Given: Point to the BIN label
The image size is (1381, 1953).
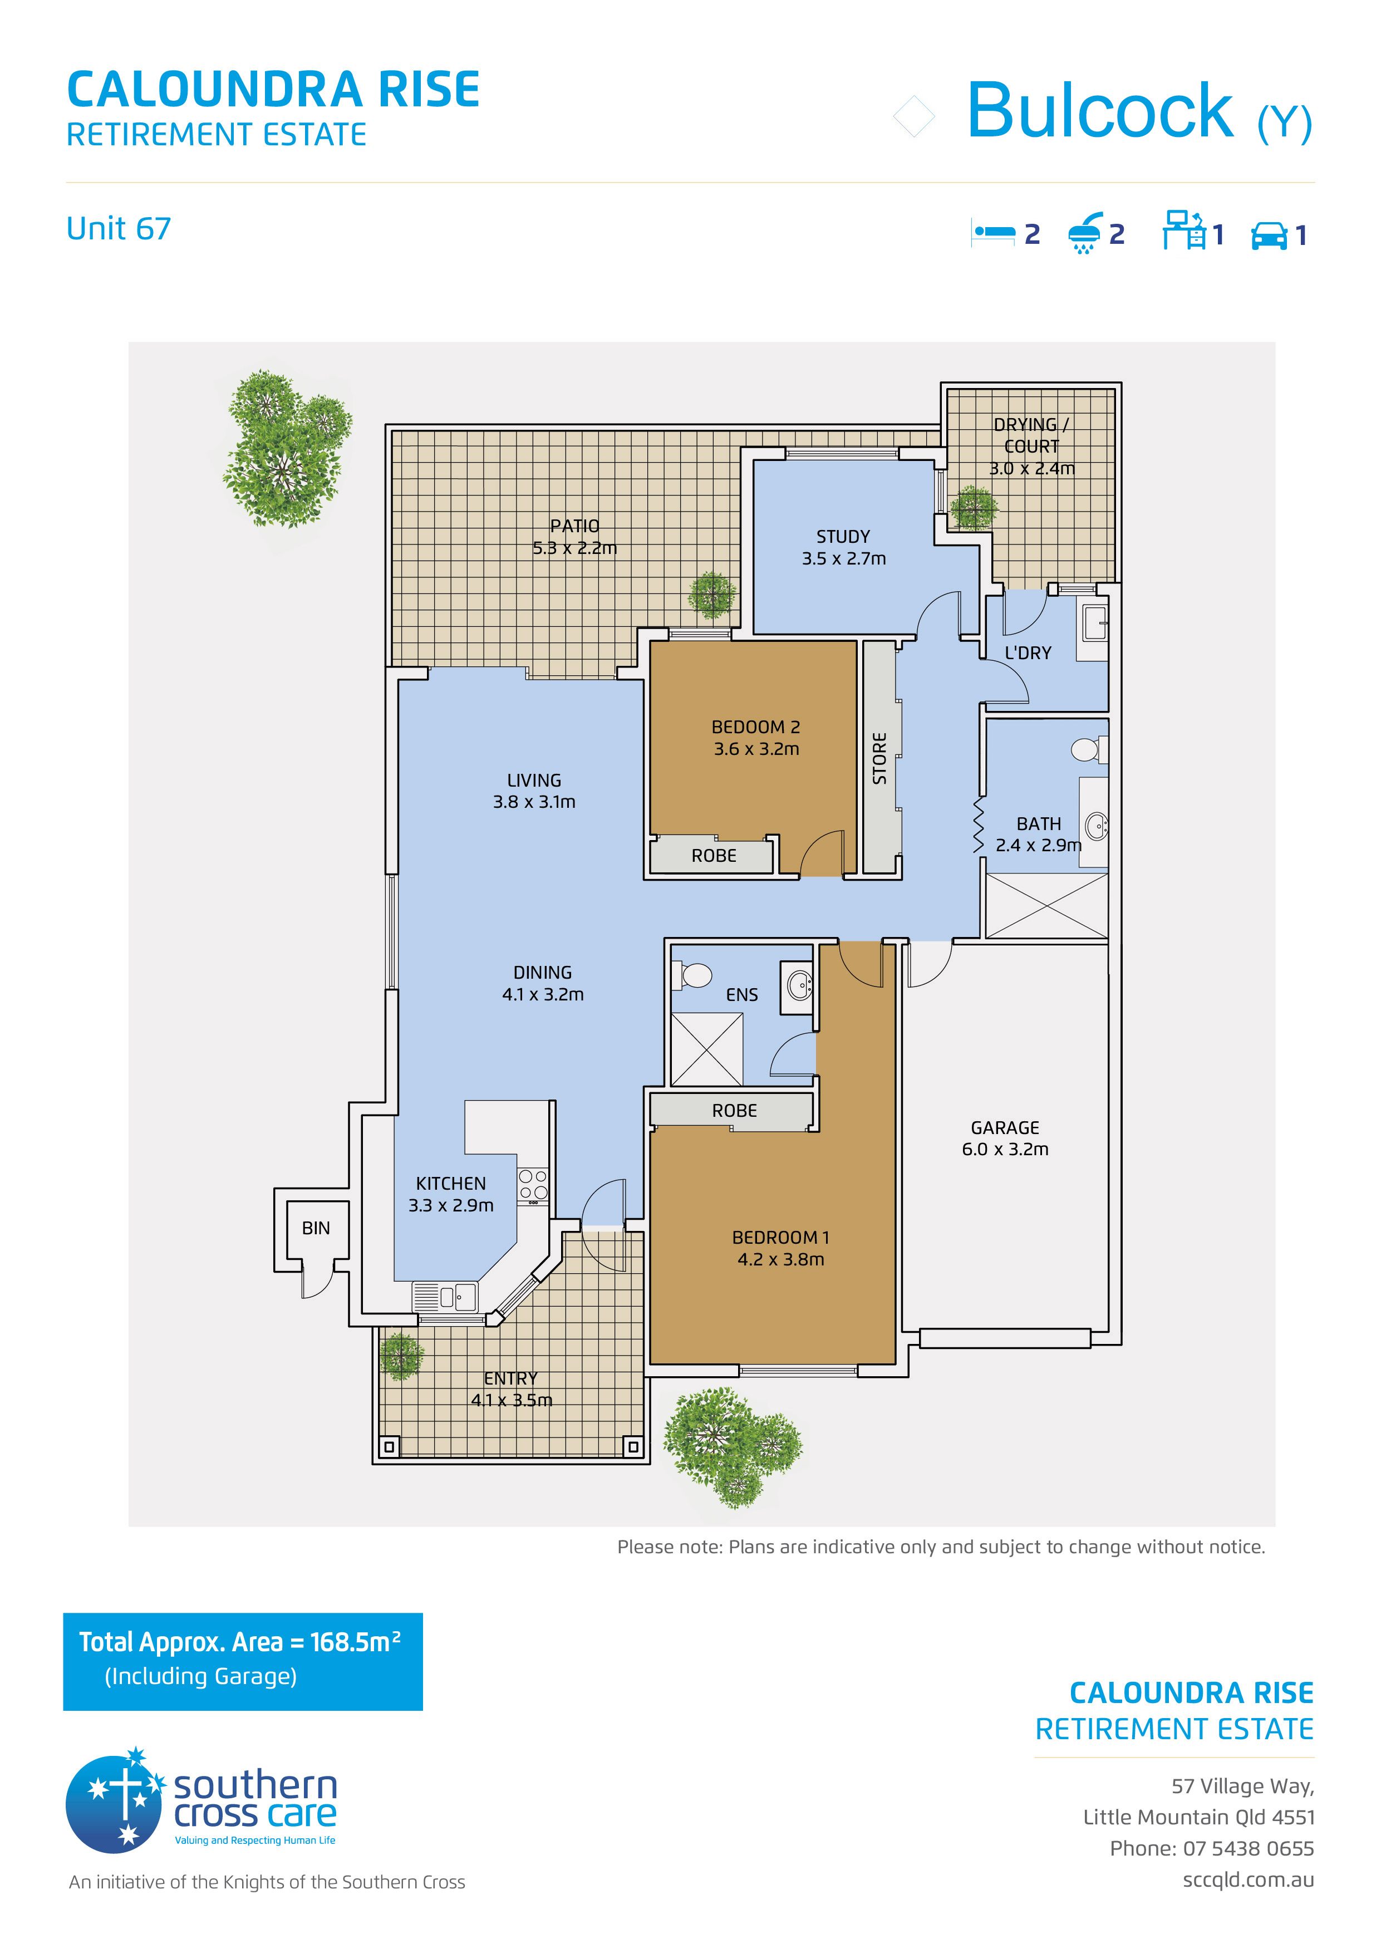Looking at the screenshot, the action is [x=316, y=1228].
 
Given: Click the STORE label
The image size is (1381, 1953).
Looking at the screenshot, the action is [x=879, y=758].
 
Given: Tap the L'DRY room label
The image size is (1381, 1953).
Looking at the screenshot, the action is [x=1028, y=653].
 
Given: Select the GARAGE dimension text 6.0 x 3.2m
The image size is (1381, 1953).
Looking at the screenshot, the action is [x=1005, y=1149].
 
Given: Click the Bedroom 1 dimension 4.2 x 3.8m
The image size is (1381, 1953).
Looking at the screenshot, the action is [x=780, y=1259].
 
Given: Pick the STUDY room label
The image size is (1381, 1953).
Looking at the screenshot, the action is [x=843, y=537].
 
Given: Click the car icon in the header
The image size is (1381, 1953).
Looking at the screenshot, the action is [x=1270, y=235].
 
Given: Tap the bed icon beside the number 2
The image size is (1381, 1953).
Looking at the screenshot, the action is [x=993, y=232].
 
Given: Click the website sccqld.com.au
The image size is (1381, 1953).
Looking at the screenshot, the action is [x=1249, y=1880].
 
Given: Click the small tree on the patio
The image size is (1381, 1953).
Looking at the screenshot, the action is [x=712, y=595].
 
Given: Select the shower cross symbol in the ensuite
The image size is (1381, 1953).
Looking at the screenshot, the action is [x=707, y=1049].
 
